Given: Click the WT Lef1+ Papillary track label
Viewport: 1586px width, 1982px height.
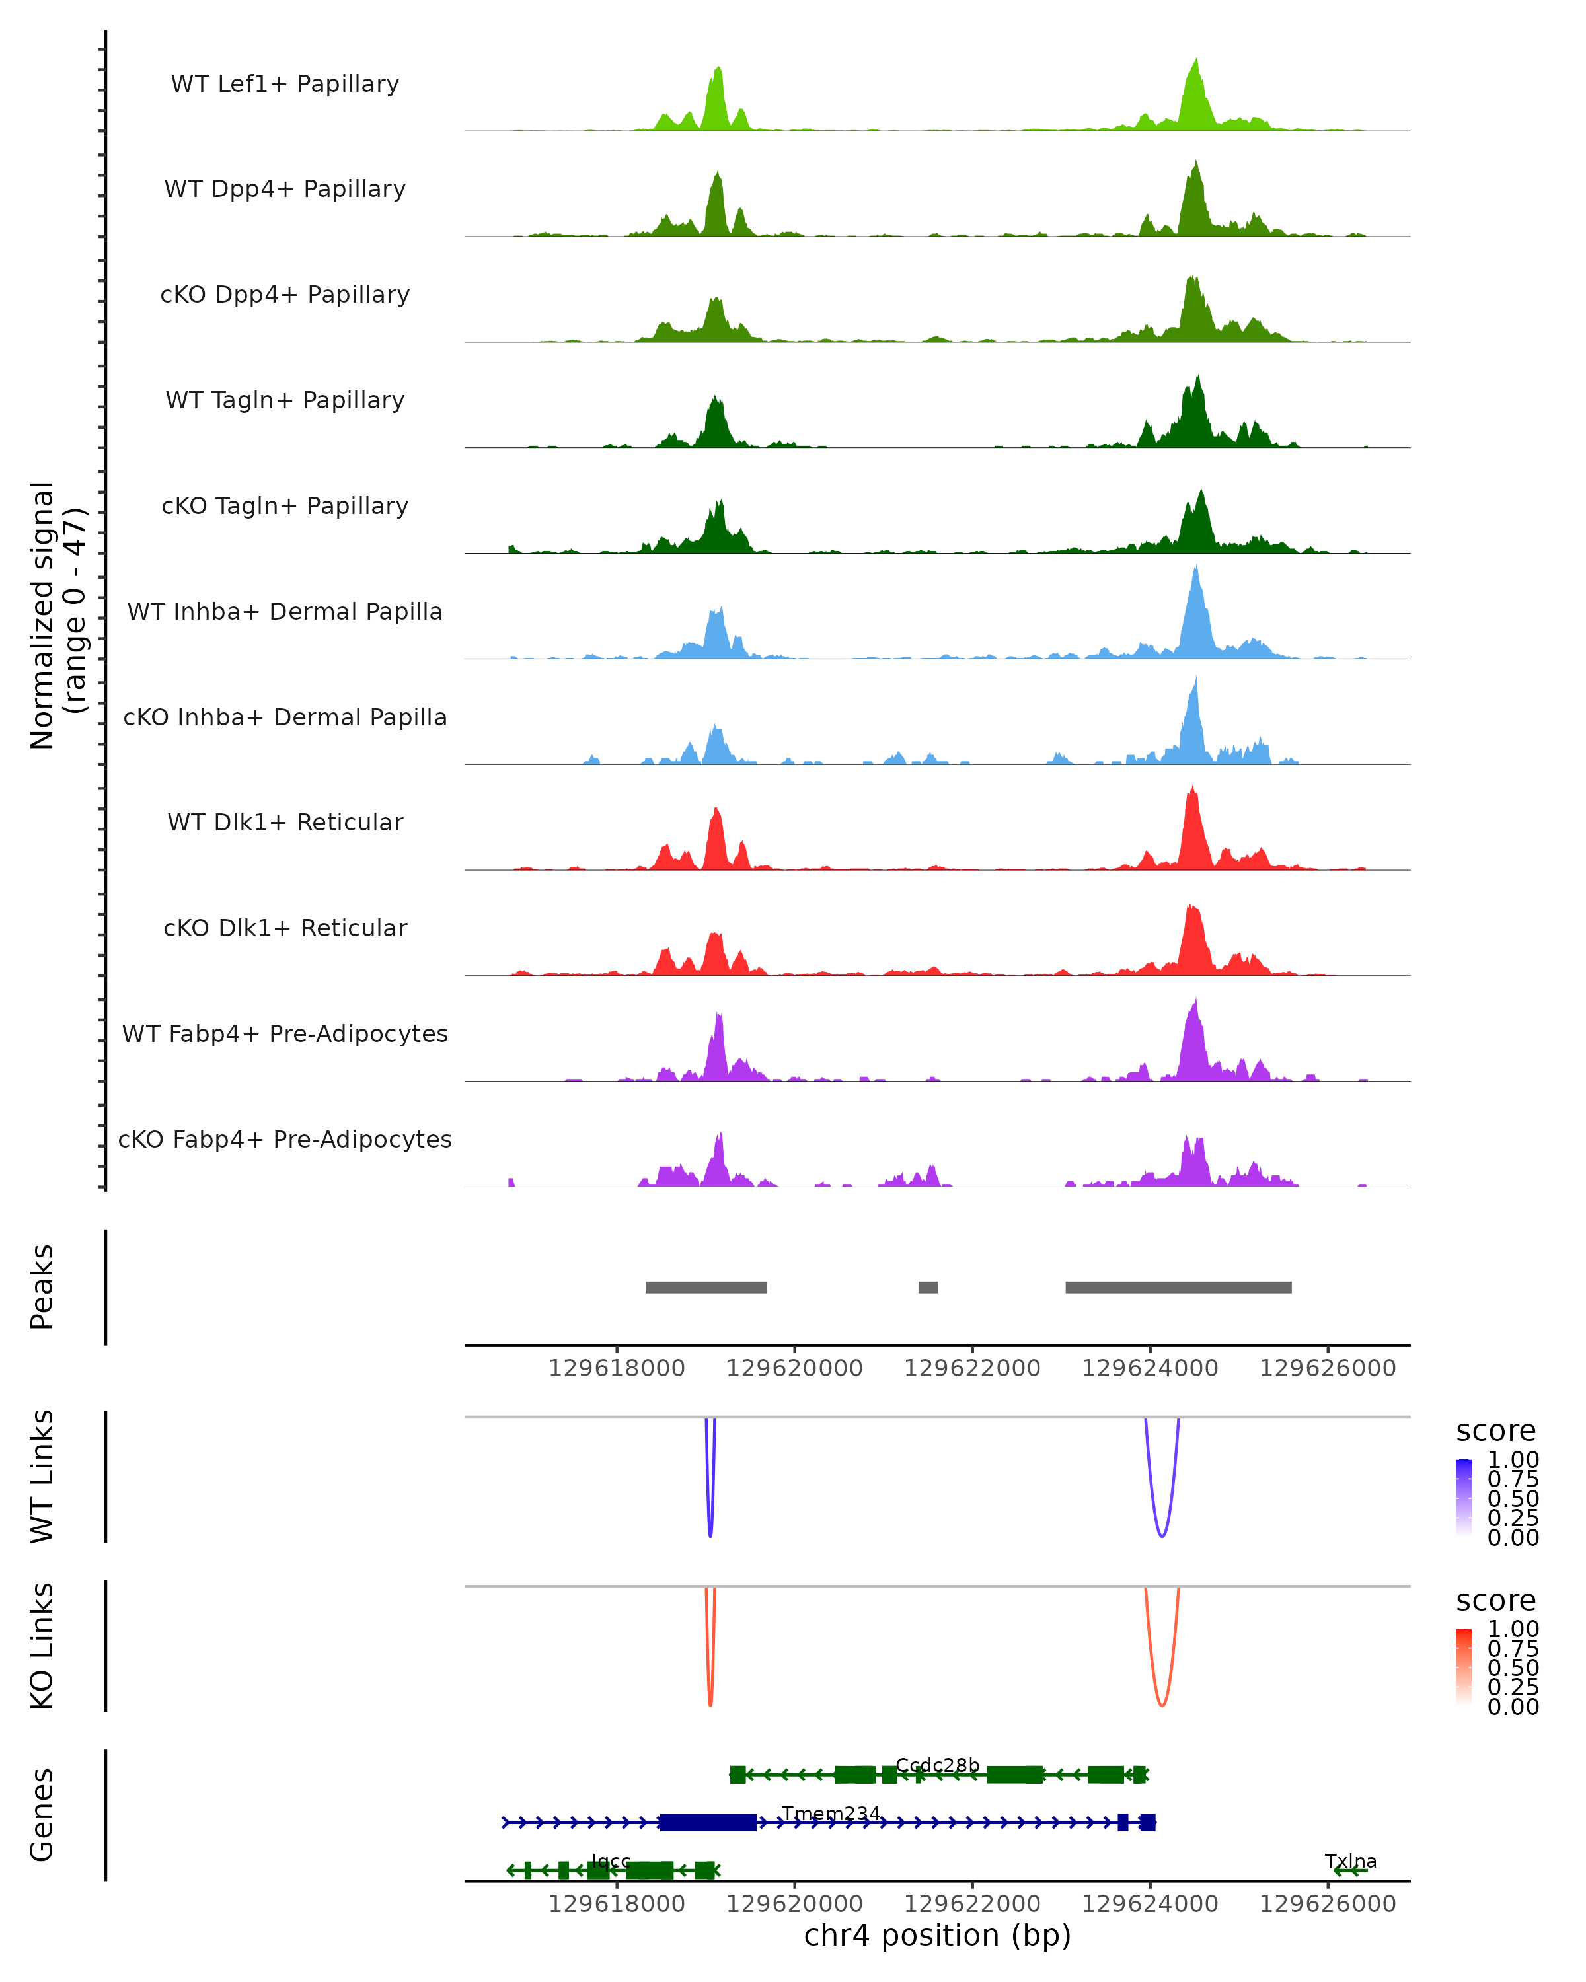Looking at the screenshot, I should tap(285, 84).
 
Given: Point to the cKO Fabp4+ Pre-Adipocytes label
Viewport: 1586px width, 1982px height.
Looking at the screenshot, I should tap(285, 1139).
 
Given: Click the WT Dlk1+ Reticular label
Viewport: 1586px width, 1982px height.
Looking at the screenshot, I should tap(285, 822).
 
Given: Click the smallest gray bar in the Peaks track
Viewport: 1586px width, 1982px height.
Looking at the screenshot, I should tap(928, 1287).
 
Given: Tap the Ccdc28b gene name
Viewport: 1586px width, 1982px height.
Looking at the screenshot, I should tap(937, 1765).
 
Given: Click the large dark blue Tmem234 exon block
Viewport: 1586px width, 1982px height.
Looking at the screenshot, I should tap(708, 1822).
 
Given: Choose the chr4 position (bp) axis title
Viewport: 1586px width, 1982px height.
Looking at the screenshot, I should tap(937, 1935).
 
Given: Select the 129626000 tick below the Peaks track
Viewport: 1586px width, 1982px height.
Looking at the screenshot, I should tap(1327, 1368).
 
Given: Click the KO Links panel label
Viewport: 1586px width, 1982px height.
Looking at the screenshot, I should tap(42, 1646).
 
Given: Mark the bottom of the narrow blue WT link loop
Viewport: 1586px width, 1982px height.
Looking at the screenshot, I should tap(710, 1536).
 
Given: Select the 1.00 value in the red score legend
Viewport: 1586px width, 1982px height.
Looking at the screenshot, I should tap(1513, 1629).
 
